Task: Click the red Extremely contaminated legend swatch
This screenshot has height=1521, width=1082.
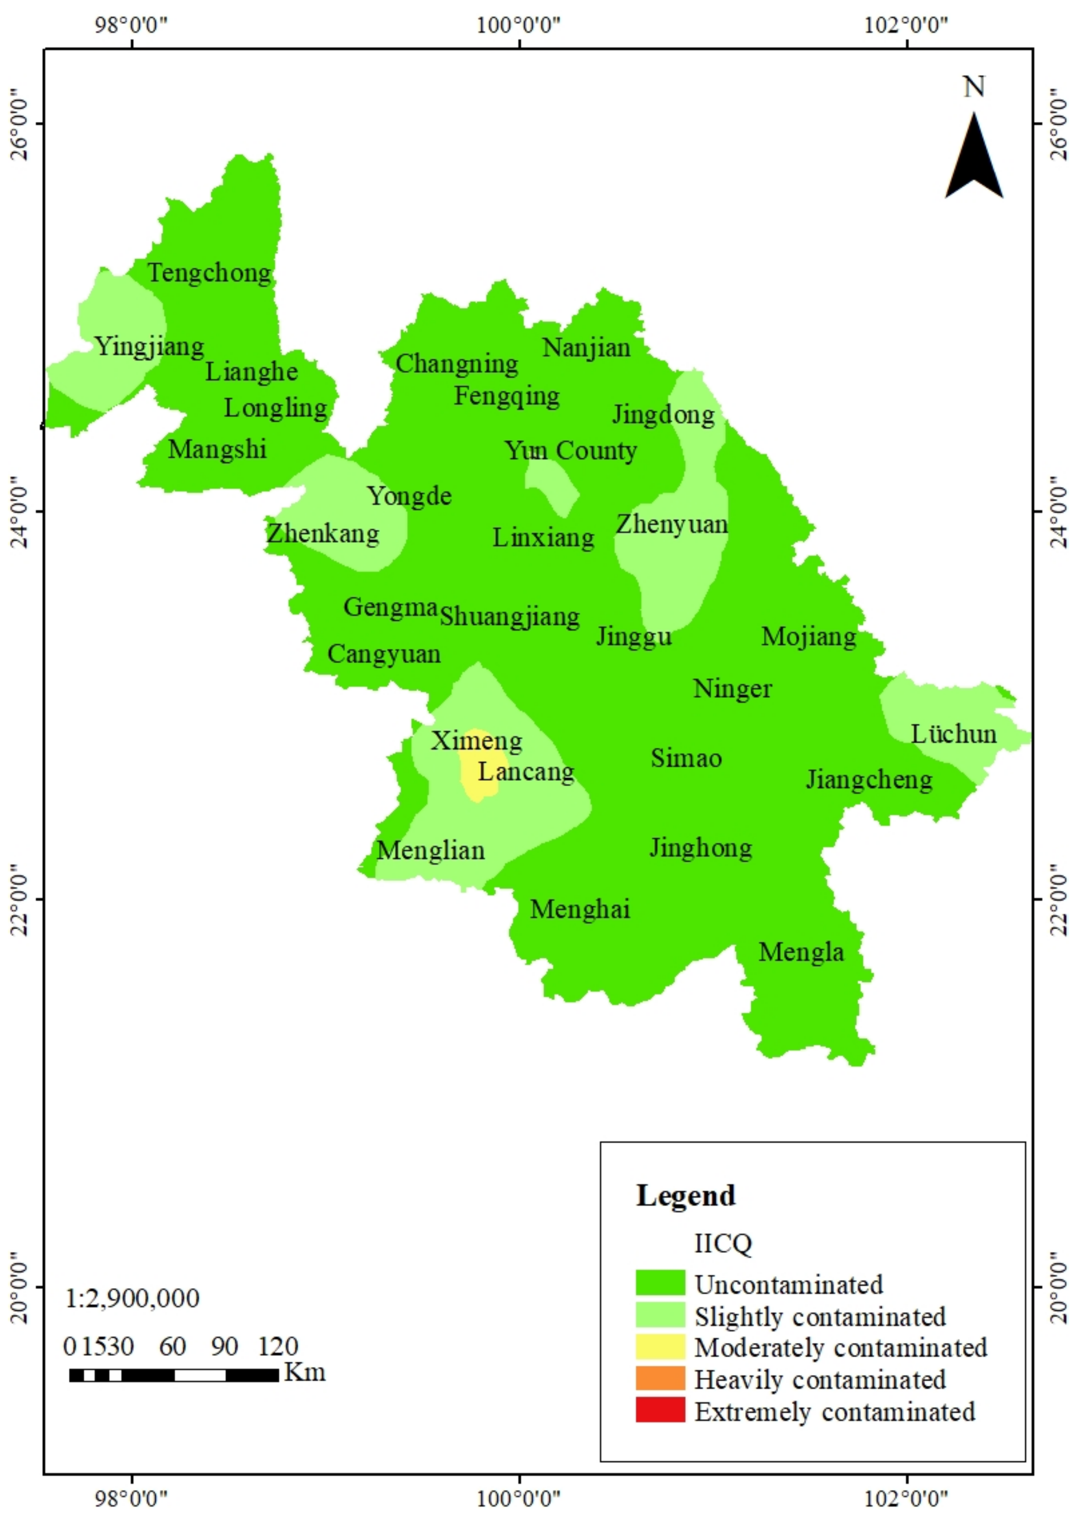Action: click(x=660, y=1411)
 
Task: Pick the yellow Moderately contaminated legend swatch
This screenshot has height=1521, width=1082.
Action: click(x=660, y=1347)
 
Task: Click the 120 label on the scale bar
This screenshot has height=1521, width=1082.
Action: click(x=278, y=1346)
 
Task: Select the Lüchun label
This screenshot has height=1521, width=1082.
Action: click(x=953, y=734)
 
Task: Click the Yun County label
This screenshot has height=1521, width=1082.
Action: click(x=570, y=451)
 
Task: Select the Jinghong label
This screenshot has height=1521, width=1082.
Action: click(x=701, y=848)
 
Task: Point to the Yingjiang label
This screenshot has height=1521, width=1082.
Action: click(x=149, y=346)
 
